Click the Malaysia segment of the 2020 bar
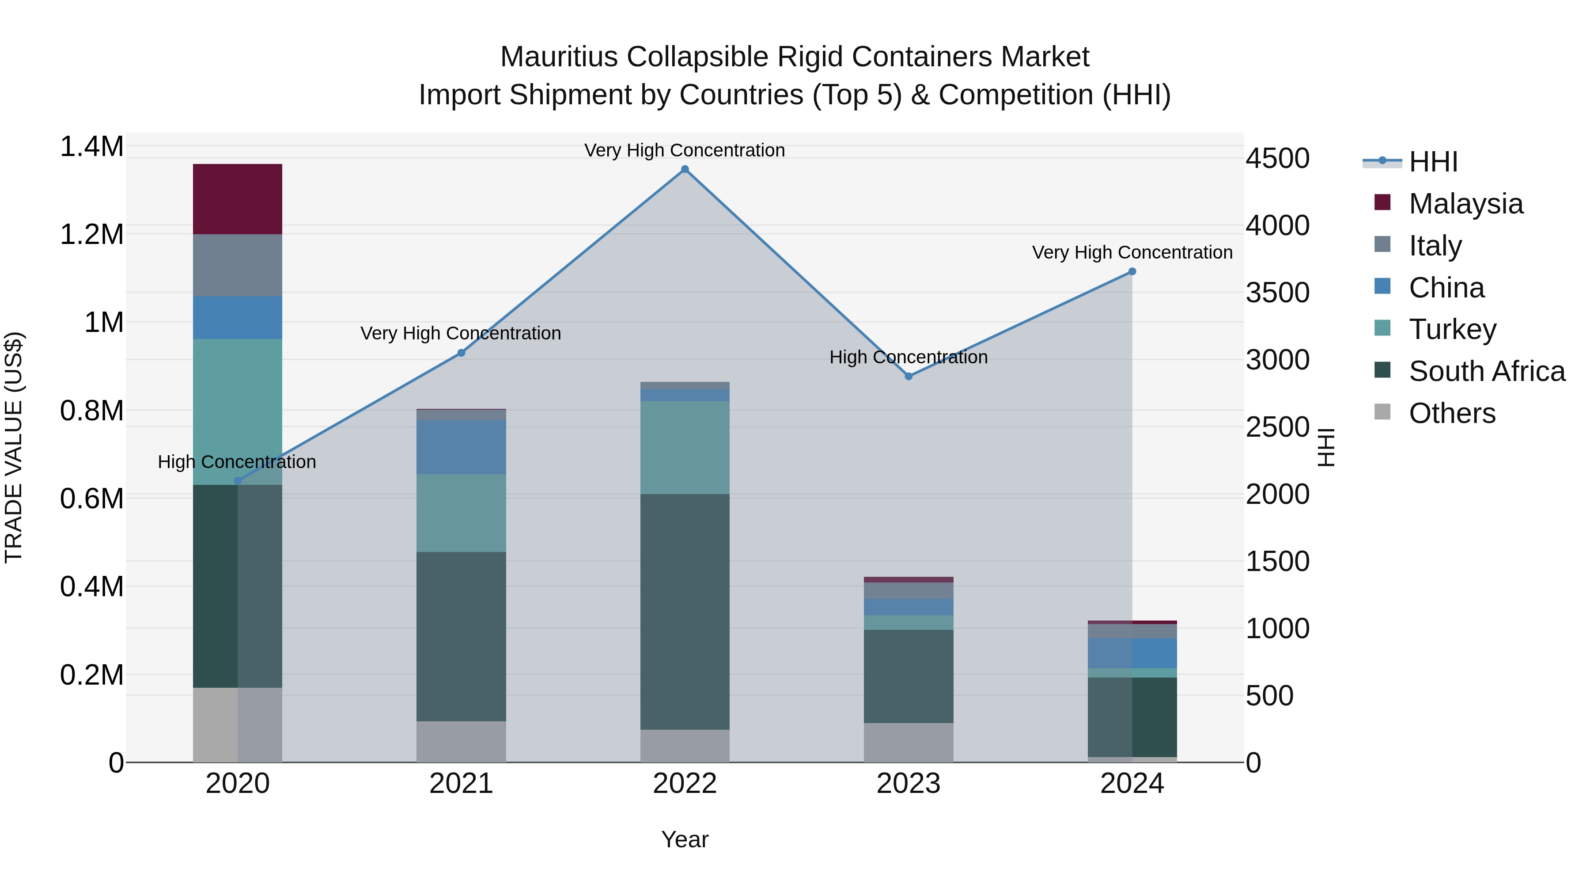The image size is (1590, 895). coord(238,199)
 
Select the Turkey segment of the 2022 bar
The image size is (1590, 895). coord(685,448)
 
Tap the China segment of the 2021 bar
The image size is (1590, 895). coord(461,447)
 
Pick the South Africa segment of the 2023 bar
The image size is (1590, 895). coord(908,676)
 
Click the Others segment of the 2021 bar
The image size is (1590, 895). coord(461,741)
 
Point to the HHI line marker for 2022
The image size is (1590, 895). coord(685,169)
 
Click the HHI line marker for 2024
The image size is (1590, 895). coord(1132,272)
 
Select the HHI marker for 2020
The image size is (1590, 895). coord(238,480)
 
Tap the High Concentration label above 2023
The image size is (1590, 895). coord(908,357)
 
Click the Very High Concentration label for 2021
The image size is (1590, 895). coord(461,334)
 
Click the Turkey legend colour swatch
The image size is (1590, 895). coord(1382,328)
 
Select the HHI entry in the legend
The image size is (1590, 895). coord(1433,162)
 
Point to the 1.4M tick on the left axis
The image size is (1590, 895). coord(91,147)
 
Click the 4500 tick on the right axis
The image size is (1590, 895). coord(1277,158)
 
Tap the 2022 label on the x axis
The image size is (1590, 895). coord(685,784)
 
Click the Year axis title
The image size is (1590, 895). coord(685,839)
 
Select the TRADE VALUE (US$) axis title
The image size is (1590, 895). coord(14,447)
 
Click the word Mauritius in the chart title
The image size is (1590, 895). coord(559,57)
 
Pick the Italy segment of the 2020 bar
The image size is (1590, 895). coord(238,265)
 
